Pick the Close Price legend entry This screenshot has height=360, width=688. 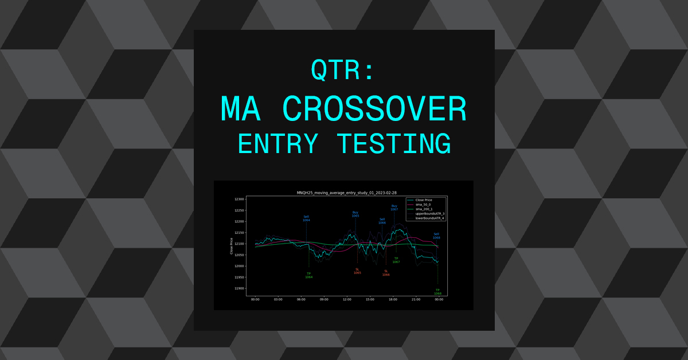(424, 199)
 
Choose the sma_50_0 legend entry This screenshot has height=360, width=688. (423, 204)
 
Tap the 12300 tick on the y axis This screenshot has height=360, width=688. (239, 199)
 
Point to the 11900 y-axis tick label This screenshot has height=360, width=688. (239, 288)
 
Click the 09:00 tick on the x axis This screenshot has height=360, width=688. (324, 299)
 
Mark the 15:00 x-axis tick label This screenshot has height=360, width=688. (370, 299)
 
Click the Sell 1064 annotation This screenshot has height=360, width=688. (306, 218)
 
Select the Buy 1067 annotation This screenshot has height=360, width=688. (394, 208)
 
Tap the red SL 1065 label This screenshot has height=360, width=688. (357, 271)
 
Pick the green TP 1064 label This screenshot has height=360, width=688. (309, 275)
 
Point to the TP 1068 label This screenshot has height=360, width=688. (437, 292)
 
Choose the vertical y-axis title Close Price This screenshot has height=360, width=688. (231, 245)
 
